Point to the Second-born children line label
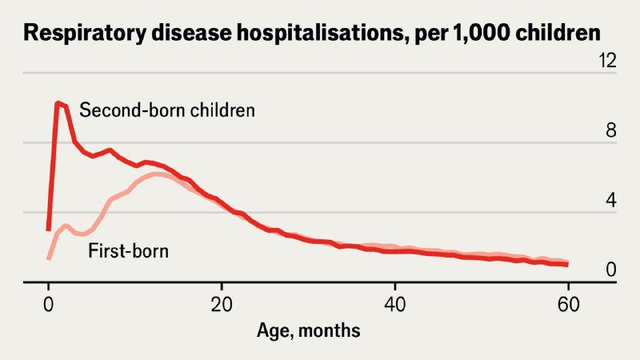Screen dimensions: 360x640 click(x=167, y=110)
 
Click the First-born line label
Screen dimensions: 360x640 click(x=128, y=250)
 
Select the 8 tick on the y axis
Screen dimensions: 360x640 click(x=611, y=130)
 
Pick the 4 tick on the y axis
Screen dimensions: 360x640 click(x=611, y=200)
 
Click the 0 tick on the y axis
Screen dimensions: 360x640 click(x=611, y=270)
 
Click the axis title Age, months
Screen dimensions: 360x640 click(x=308, y=330)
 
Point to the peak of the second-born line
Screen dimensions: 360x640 click(x=58, y=102)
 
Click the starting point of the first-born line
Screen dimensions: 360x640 click(x=49, y=258)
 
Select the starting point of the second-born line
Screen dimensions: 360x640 click(x=49, y=230)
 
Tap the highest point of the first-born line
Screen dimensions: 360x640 click(x=158, y=173)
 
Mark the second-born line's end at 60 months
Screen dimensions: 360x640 click(x=567, y=264)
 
